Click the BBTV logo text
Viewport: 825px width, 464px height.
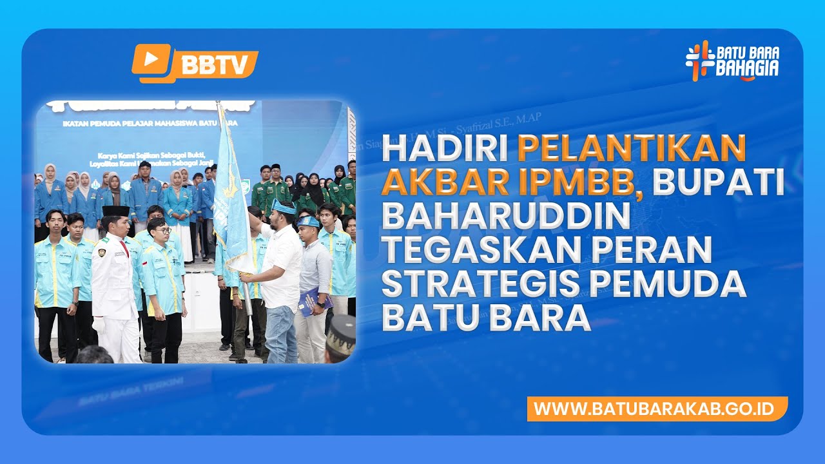point(214,64)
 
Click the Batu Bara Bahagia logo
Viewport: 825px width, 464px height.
point(732,61)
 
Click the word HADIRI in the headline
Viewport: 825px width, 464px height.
point(445,150)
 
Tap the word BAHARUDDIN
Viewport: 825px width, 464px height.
point(505,217)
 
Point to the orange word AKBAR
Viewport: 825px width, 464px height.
point(440,183)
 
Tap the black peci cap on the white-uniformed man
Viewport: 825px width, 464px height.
point(115,211)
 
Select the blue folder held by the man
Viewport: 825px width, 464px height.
point(314,301)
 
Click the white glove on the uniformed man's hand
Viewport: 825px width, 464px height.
point(99,326)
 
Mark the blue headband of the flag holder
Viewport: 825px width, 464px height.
point(284,207)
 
